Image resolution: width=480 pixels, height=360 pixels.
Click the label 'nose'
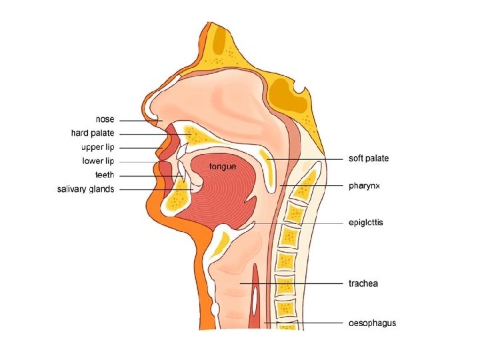tap(105, 119)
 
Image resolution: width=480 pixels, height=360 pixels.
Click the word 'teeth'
tap(105, 175)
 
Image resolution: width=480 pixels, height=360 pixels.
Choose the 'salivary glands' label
tap(85, 189)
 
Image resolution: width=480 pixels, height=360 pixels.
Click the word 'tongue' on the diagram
tap(223, 166)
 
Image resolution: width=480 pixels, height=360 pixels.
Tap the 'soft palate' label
tap(369, 159)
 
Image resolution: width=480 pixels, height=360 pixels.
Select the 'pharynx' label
tap(364, 186)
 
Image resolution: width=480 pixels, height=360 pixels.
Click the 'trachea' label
tap(363, 283)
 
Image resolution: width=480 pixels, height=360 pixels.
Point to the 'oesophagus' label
tap(372, 323)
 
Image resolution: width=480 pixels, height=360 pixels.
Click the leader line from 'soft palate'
tap(307, 159)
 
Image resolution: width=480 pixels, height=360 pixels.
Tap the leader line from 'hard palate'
tap(153, 134)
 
